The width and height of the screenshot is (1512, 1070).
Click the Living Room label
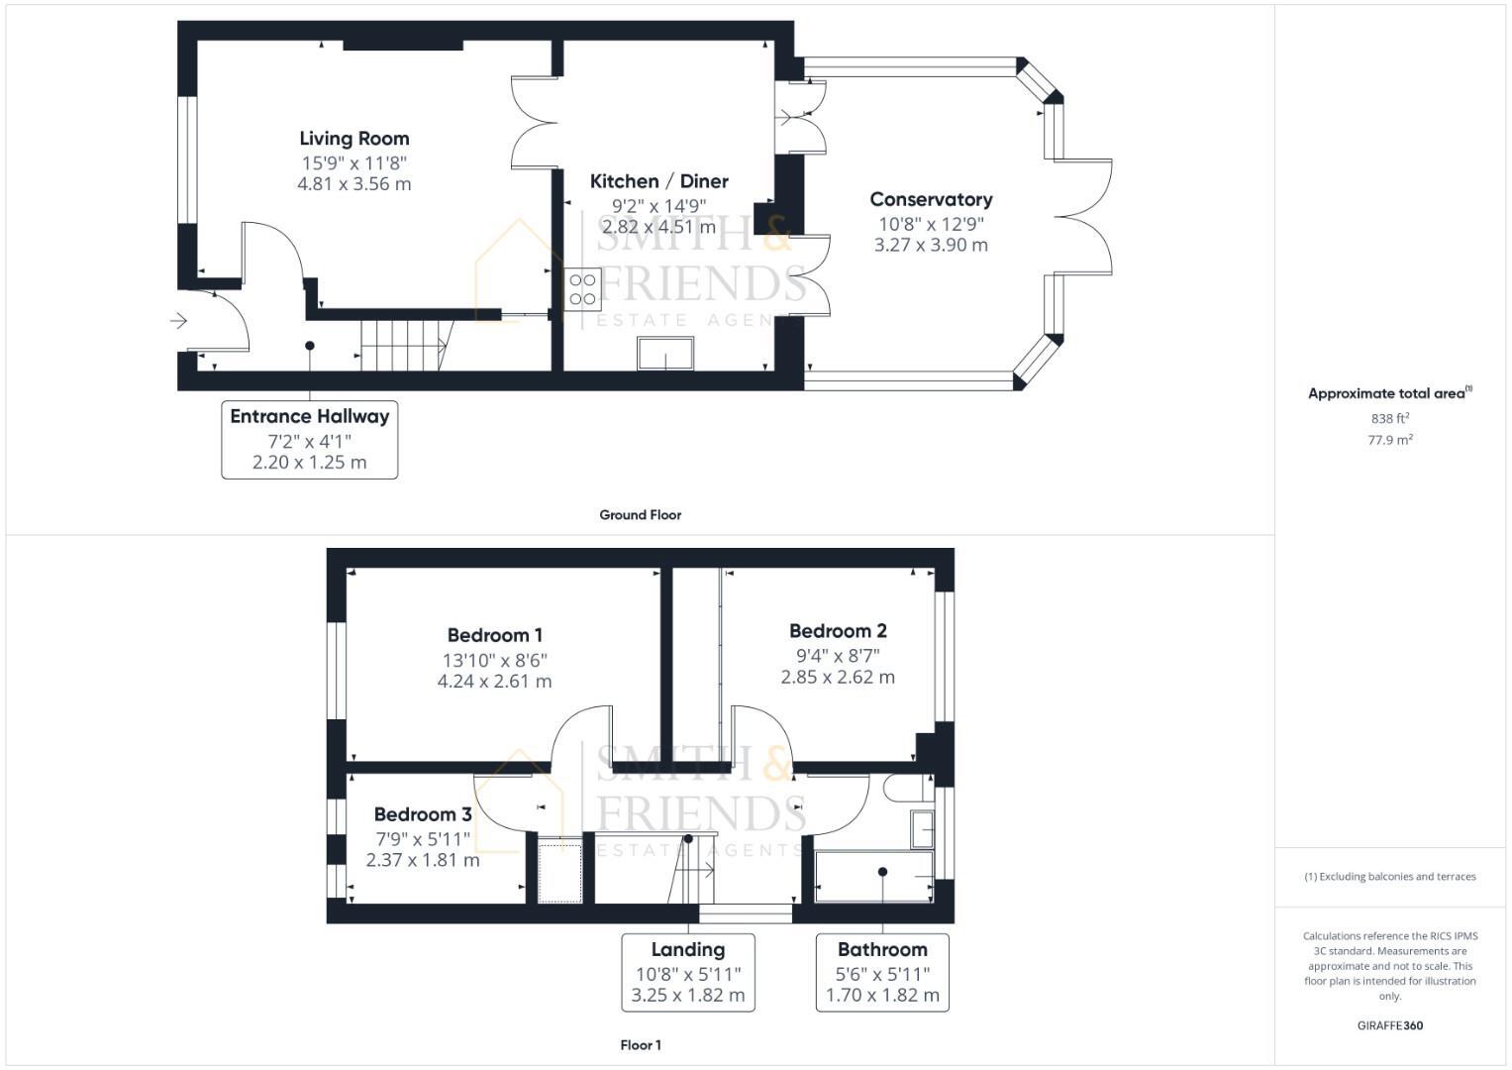[x=353, y=139]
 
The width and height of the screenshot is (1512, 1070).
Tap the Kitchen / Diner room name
[x=658, y=181]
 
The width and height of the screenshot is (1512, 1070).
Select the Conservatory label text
[x=931, y=199]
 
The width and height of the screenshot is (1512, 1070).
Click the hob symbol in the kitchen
[x=582, y=288]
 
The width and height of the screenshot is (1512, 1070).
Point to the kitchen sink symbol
[x=665, y=354]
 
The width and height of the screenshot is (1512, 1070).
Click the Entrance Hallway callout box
[x=309, y=439]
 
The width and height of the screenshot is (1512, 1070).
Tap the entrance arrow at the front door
[x=179, y=320]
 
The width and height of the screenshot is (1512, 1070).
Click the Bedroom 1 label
[x=494, y=635]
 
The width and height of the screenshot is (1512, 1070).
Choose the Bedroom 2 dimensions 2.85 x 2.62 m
[x=838, y=678]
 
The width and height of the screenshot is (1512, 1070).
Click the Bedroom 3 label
[x=423, y=814]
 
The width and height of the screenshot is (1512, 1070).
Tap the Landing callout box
[x=688, y=972]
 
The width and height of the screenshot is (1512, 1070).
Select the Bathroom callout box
[x=882, y=972]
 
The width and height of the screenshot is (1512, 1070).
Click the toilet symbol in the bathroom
[x=906, y=789]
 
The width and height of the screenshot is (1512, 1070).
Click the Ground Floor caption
[x=640, y=515]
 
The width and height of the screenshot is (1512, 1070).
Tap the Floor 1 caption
[x=640, y=1045]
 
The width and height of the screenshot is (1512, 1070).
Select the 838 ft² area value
[x=1389, y=419]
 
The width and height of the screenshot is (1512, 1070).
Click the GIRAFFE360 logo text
[x=1389, y=1025]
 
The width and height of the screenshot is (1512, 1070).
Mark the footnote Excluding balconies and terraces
[x=1389, y=877]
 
